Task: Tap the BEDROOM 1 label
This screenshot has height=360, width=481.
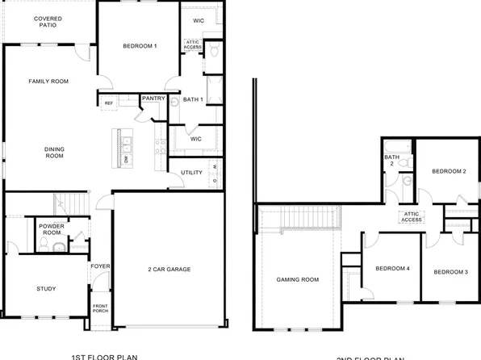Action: pyautogui.click(x=140, y=46)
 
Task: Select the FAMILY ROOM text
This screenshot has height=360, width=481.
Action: pyautogui.click(x=48, y=82)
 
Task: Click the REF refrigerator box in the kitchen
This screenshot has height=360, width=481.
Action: pyautogui.click(x=108, y=103)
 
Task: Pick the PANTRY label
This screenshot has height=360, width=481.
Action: pyautogui.click(x=153, y=98)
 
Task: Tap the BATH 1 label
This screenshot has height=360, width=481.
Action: pyautogui.click(x=191, y=99)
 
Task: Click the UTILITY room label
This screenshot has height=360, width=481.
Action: pyautogui.click(x=191, y=172)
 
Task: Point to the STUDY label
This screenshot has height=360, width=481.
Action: pyautogui.click(x=46, y=288)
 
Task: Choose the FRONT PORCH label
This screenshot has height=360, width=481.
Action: pyautogui.click(x=100, y=309)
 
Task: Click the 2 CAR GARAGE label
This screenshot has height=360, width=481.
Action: pyautogui.click(x=169, y=269)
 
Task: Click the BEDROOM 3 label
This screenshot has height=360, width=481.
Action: pyautogui.click(x=451, y=272)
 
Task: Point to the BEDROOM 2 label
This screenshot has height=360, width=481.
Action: pyautogui.click(x=449, y=171)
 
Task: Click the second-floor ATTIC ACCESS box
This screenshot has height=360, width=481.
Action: pyautogui.click(x=412, y=216)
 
